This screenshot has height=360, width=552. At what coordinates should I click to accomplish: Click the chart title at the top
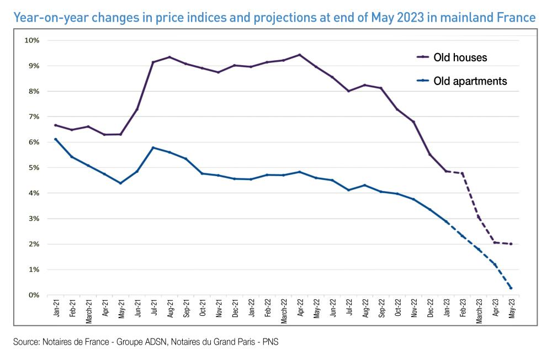click(274, 17)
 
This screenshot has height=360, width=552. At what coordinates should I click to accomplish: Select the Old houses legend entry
click(460, 57)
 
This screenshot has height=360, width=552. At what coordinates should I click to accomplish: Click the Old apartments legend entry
click(469, 81)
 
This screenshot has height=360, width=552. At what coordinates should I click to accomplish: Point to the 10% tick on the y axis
click(31, 40)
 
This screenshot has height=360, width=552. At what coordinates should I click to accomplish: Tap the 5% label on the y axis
click(33, 168)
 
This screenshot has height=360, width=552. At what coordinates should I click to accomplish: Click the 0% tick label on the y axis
click(33, 295)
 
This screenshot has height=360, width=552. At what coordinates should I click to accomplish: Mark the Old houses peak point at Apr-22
click(300, 55)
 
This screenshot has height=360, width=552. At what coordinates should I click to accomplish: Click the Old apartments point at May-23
click(511, 288)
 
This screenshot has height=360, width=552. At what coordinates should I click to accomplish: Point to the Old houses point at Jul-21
click(153, 62)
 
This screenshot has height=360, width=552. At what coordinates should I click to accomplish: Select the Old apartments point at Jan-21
click(56, 139)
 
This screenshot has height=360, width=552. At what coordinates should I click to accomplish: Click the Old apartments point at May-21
click(120, 183)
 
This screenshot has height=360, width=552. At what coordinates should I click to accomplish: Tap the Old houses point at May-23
click(511, 244)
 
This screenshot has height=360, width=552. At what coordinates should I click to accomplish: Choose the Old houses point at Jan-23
click(446, 171)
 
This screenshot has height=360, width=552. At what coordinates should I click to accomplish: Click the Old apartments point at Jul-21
click(153, 147)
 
